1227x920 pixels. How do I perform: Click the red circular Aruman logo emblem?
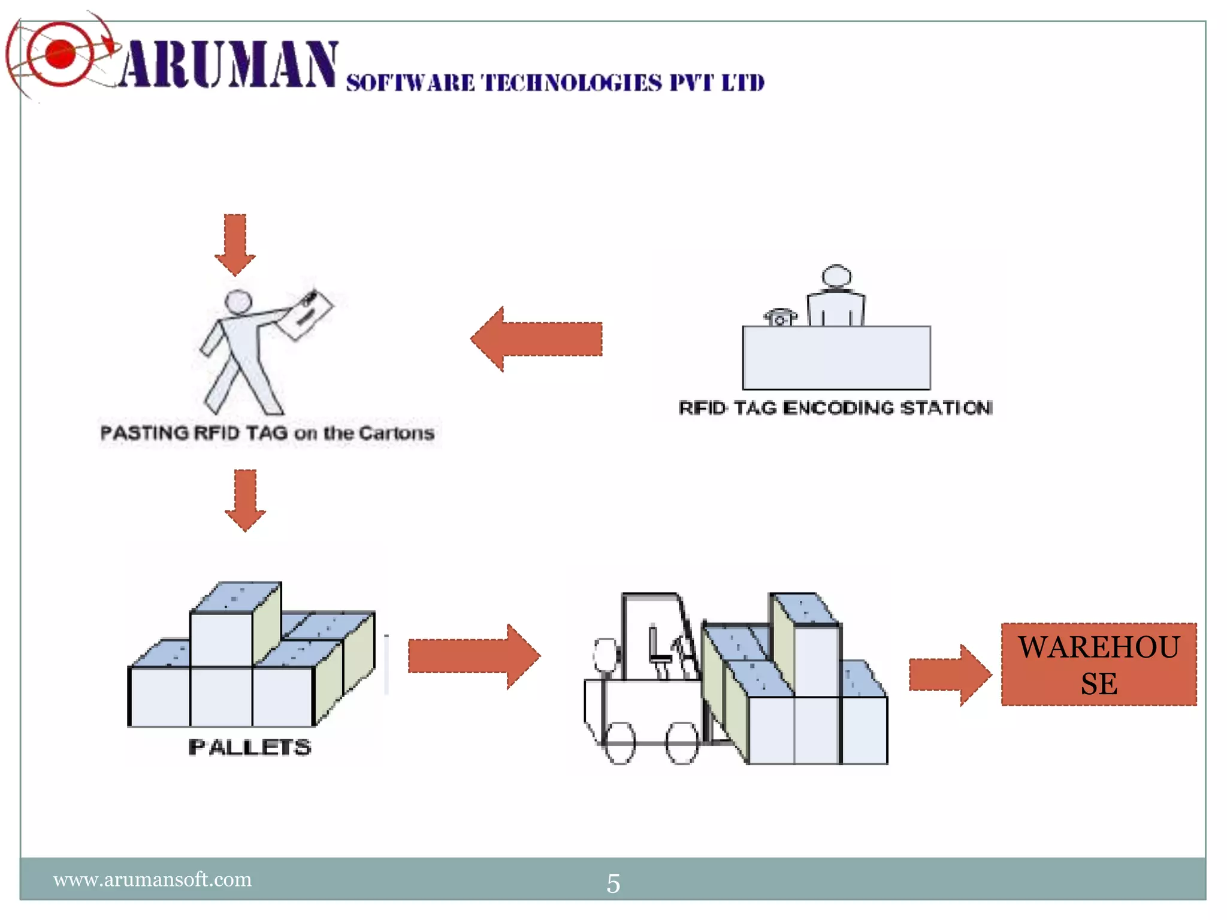tap(60, 54)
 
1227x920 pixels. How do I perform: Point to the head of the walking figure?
tap(238, 301)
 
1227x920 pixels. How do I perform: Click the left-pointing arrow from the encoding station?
tap(536, 339)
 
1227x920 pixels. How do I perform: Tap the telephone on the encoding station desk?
tap(780, 317)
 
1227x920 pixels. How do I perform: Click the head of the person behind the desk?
tap(836, 276)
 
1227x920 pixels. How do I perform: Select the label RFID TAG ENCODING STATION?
tap(835, 408)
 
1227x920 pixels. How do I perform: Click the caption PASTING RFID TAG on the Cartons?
tap(267, 433)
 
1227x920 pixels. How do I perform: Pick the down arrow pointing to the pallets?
tap(245, 500)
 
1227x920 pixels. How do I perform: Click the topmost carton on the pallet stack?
tap(235, 623)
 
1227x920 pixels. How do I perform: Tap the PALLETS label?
tap(250, 747)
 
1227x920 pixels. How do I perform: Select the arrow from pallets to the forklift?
tap(473, 656)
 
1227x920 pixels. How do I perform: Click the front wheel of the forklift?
tap(682, 743)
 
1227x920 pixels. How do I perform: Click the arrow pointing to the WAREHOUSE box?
tap(949, 675)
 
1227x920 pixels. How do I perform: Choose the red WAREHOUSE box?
tap(1099, 665)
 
